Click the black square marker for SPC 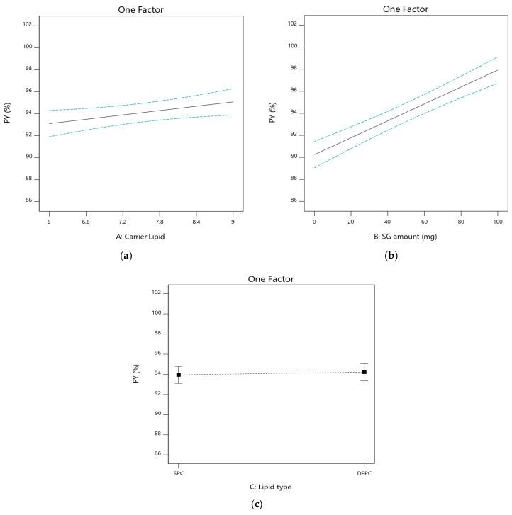179,375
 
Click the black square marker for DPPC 364,372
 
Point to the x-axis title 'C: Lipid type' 271,487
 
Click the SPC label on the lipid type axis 179,472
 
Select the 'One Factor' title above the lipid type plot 271,278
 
